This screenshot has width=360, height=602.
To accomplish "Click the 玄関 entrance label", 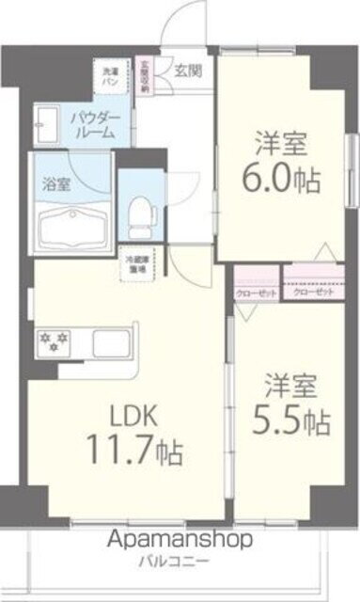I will click(x=186, y=69).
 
